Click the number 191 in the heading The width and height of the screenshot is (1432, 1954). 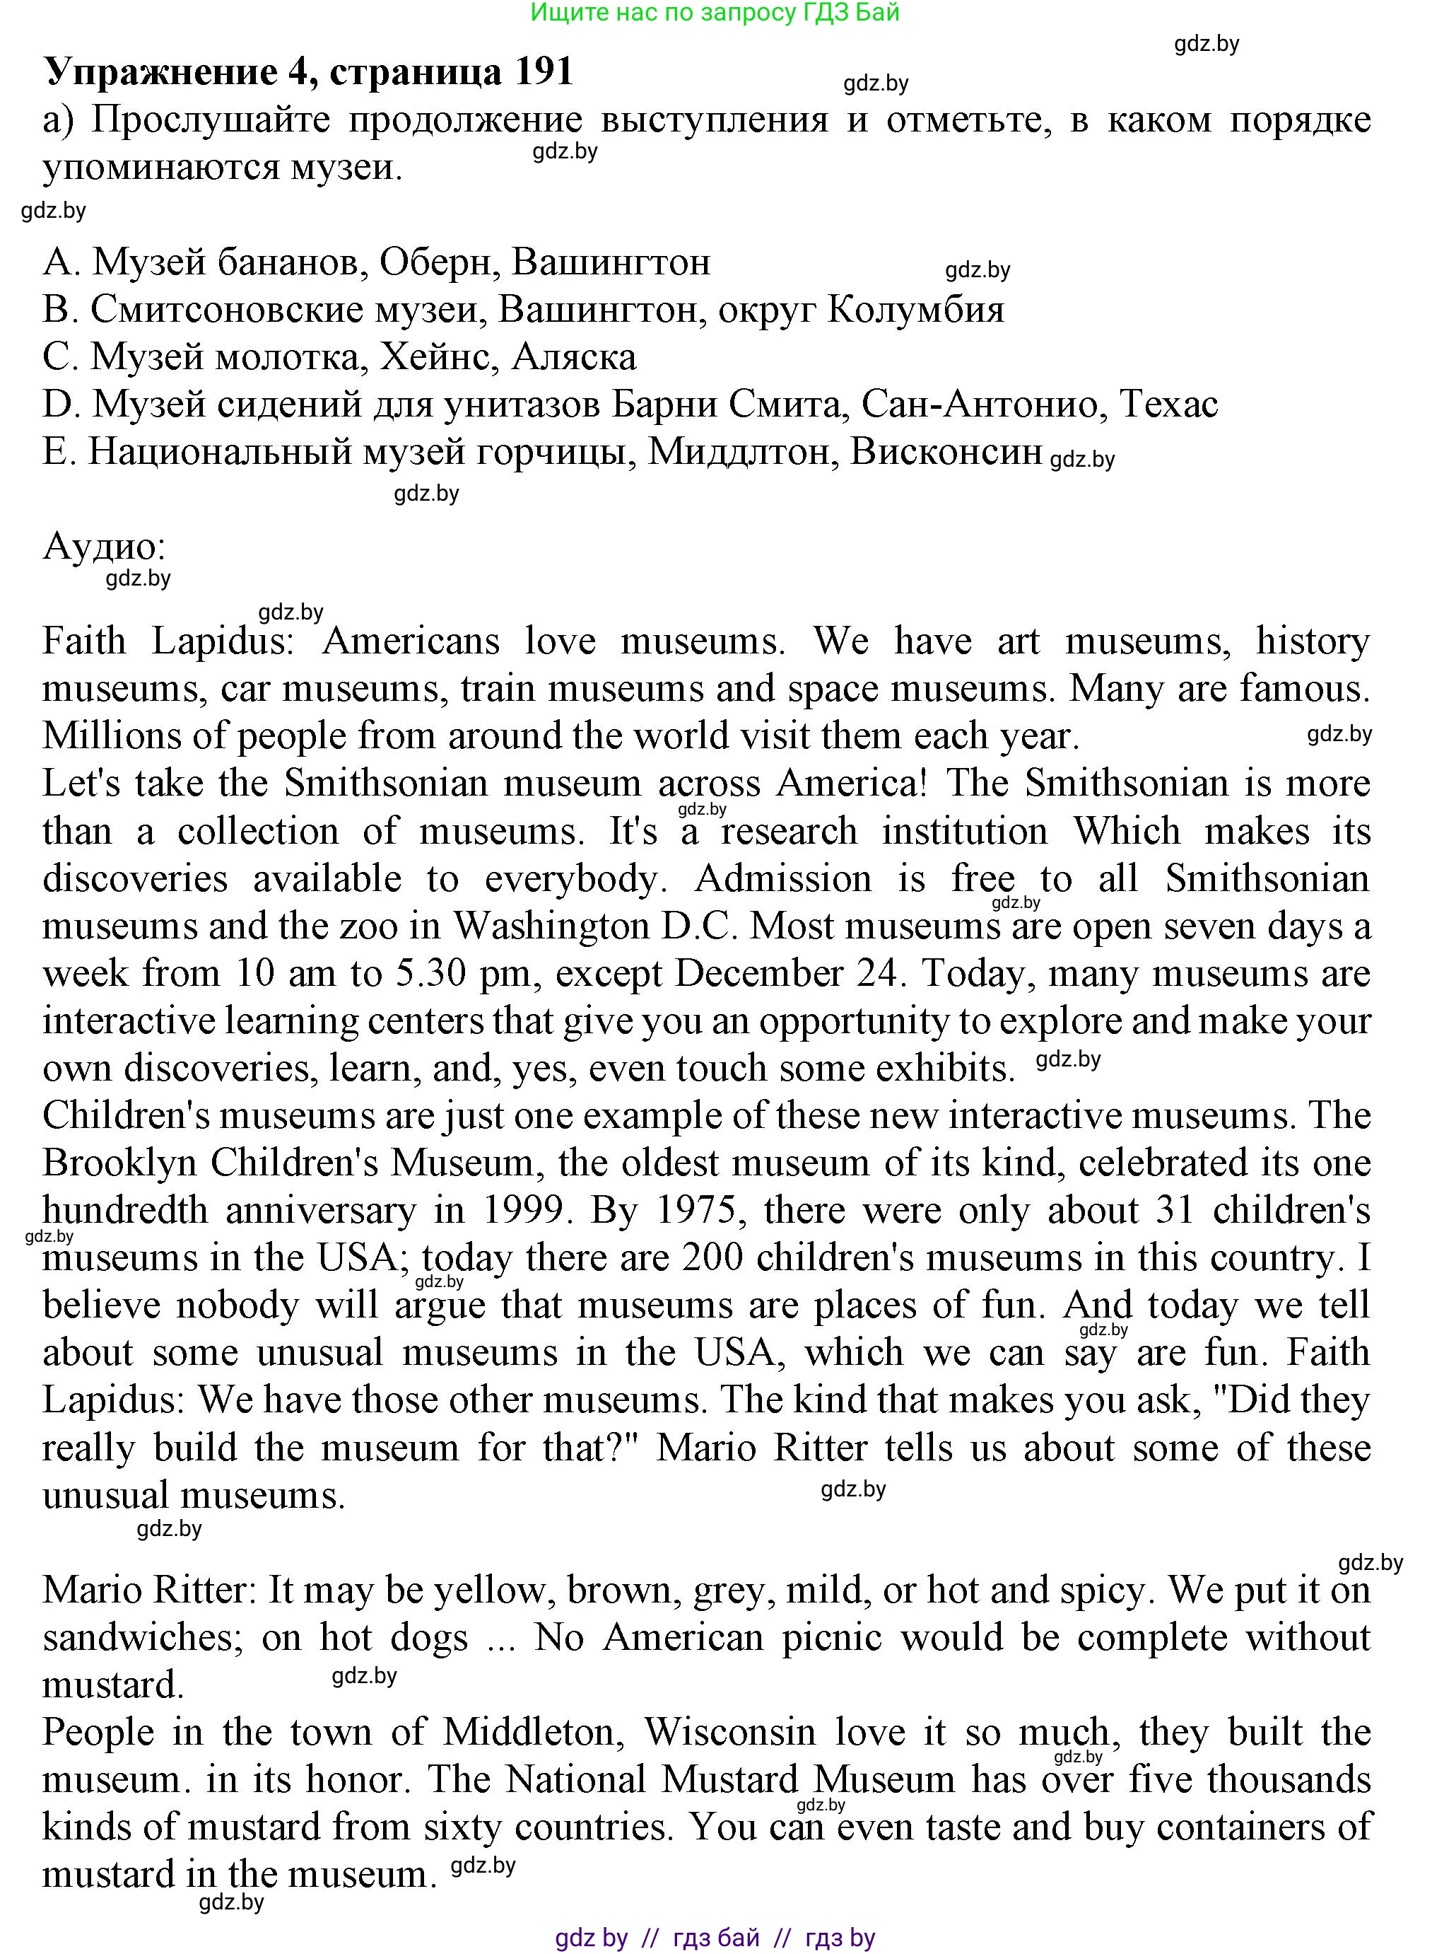544,71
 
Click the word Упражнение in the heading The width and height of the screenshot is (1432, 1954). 161,73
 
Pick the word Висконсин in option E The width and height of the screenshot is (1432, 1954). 946,452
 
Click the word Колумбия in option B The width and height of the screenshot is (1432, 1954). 915,310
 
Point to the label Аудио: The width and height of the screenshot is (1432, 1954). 104,547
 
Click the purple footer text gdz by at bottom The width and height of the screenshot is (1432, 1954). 591,1938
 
